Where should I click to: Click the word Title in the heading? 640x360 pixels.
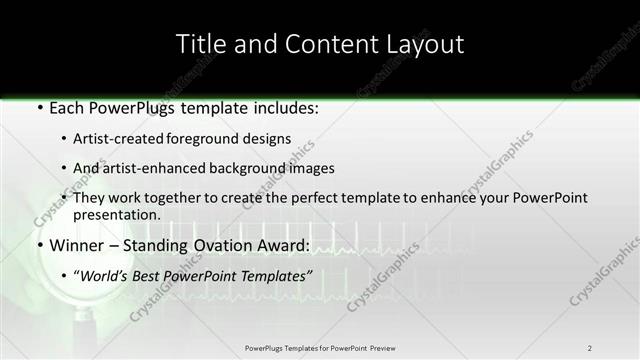click(x=199, y=44)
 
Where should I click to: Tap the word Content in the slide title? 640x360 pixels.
click(x=319, y=44)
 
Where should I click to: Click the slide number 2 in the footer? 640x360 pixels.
click(x=590, y=348)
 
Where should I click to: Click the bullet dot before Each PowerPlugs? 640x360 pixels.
click(x=38, y=109)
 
